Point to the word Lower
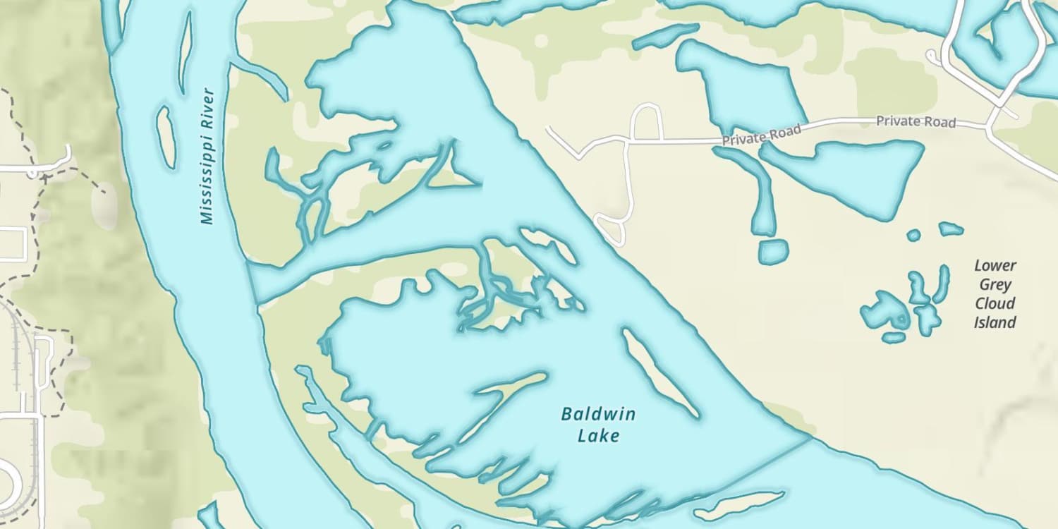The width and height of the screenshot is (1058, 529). (995, 266)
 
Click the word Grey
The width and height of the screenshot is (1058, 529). (995, 285)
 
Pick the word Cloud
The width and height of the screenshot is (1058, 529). (995, 303)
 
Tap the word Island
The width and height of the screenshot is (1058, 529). (995, 322)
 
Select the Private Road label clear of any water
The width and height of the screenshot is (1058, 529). (916, 121)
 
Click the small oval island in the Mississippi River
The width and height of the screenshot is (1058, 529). (166, 137)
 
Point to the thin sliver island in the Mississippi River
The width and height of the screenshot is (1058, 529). (186, 53)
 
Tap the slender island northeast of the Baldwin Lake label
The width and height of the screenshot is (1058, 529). (659, 372)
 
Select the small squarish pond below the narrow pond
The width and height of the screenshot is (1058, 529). (774, 252)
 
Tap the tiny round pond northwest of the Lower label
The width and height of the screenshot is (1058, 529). (913, 235)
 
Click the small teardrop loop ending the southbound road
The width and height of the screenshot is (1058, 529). (611, 229)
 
